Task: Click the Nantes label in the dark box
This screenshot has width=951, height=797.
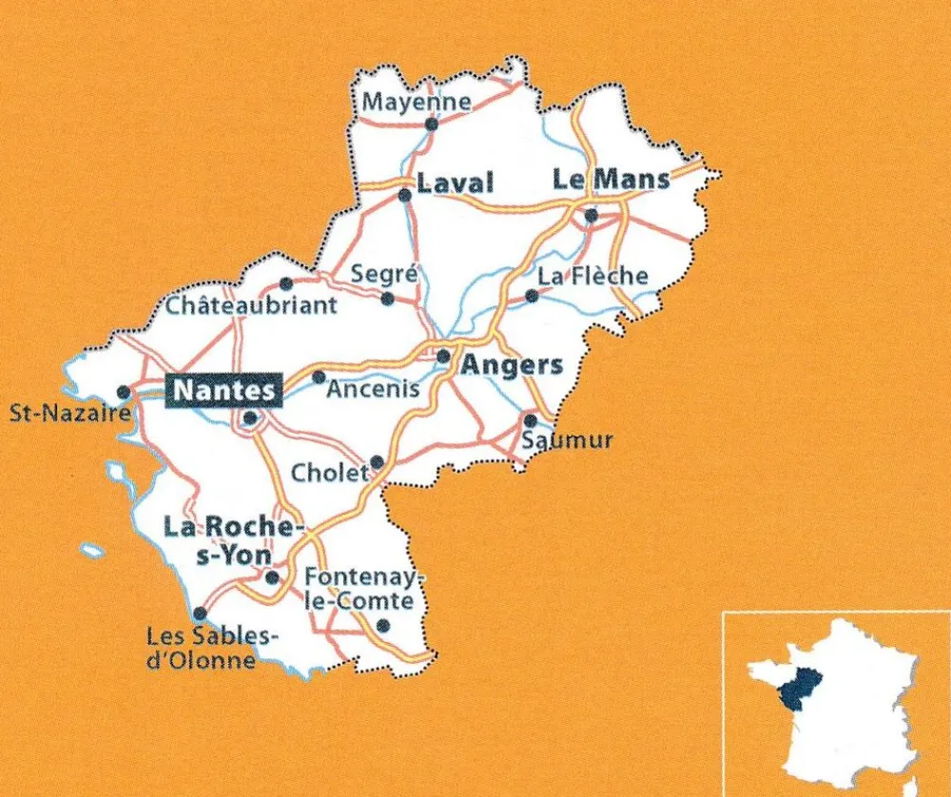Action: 224,390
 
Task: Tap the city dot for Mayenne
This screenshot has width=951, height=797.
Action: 431,124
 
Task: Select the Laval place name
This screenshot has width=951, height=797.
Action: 456,183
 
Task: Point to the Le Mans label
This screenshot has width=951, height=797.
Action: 611,179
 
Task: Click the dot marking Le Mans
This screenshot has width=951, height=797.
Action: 591,216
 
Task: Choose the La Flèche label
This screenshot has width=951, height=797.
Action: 592,276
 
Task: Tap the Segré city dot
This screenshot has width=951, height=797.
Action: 387,299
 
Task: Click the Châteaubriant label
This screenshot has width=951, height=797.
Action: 251,305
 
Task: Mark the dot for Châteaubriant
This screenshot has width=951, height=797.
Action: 286,282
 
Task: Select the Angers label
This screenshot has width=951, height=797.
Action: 513,364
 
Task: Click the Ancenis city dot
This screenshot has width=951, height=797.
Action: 319,376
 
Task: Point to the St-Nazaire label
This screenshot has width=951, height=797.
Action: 68,414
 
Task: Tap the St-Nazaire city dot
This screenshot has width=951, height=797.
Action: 123,391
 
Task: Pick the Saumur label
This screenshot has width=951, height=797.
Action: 568,440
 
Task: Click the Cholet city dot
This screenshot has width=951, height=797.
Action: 377,461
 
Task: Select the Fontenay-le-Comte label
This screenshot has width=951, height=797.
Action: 359,589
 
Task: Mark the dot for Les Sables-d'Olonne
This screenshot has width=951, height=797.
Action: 200,613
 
